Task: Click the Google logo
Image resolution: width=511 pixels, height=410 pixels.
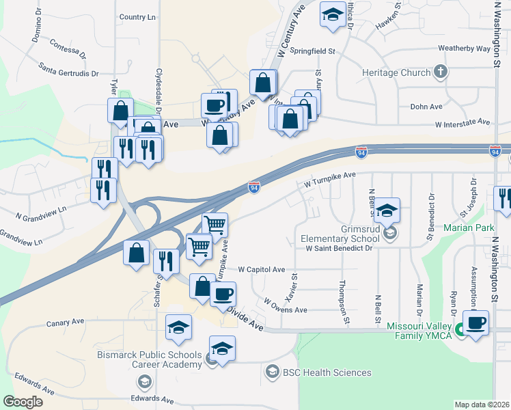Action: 23,402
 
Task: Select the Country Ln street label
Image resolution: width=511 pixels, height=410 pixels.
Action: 137,16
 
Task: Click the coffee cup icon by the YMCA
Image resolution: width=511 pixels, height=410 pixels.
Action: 475,322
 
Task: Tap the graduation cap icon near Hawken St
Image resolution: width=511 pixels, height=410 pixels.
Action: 332,15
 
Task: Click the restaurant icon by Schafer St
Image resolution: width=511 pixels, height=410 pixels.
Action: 166,260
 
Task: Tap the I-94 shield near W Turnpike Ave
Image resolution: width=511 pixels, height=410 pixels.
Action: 253,186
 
